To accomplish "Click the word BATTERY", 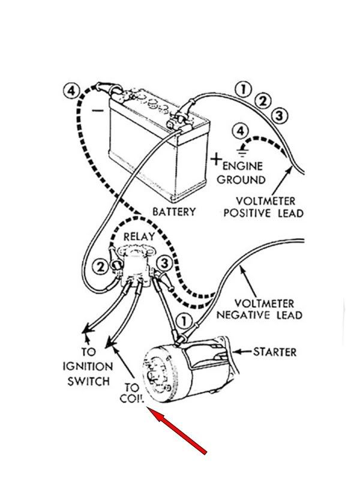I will coord(174,212).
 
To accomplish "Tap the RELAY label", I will coord(139,238).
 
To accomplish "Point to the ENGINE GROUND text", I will coord(242,172).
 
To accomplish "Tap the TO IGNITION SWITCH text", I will coord(88,366).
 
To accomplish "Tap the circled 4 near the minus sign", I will coord(70,92).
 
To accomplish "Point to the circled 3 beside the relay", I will coord(165,263).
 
